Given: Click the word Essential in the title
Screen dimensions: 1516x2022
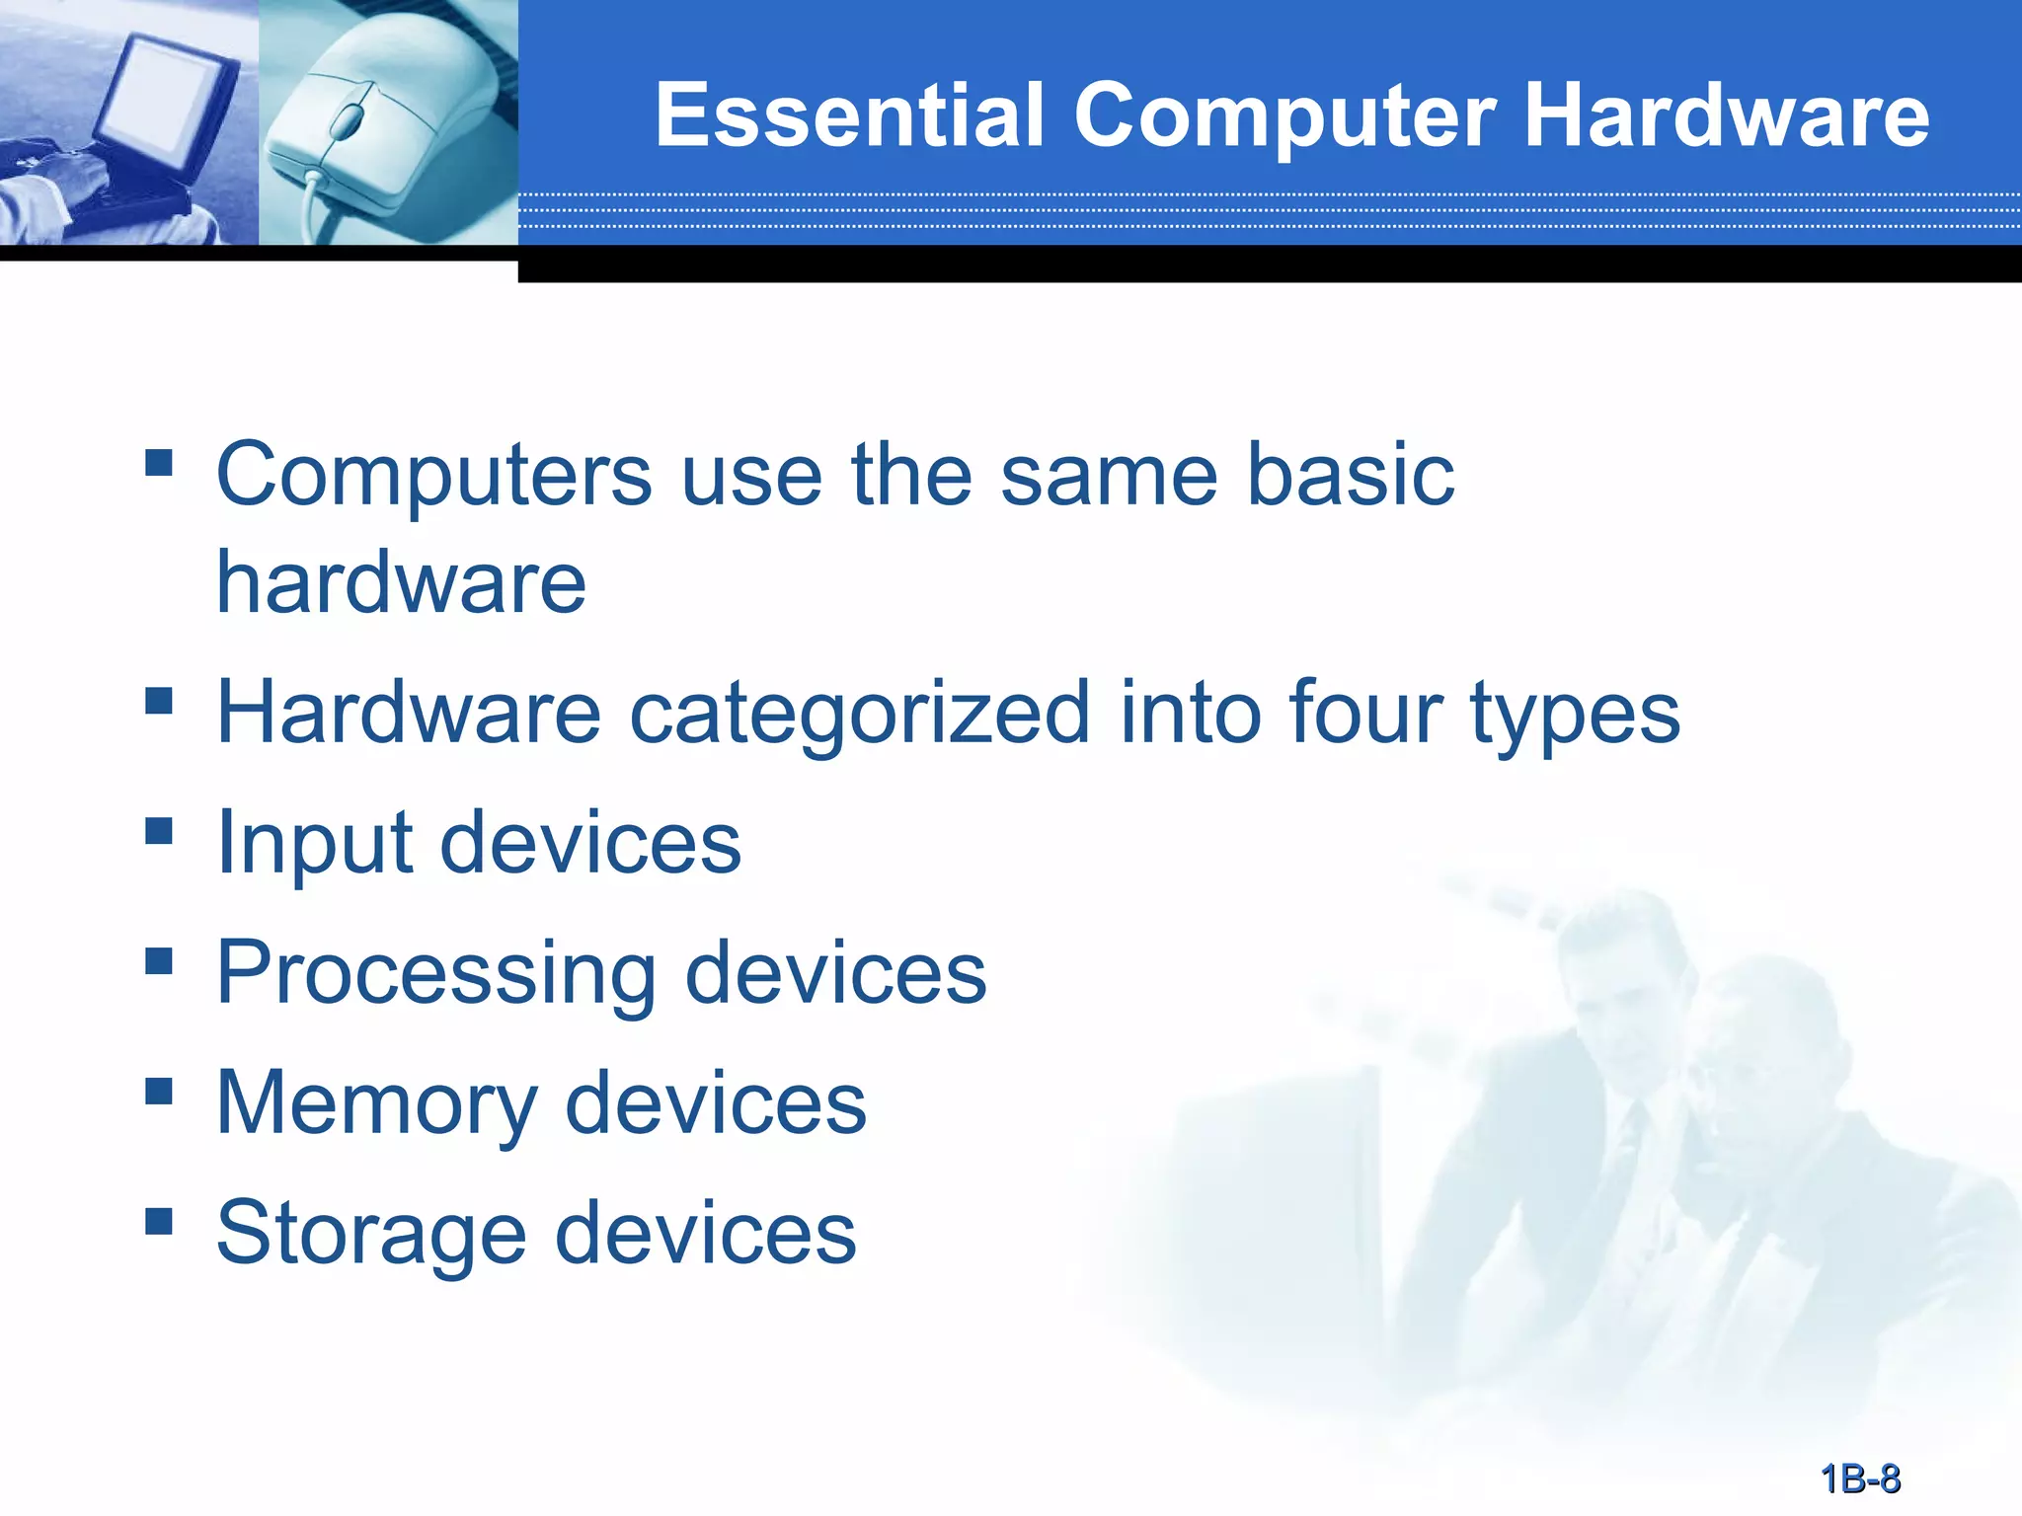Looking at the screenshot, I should pyautogui.click(x=849, y=115).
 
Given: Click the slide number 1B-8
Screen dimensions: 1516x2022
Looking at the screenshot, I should pyautogui.click(x=1860, y=1478).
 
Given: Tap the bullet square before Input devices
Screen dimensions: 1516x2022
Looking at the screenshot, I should pyautogui.click(x=158, y=831).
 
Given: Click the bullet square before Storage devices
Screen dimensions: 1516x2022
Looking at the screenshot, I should pyautogui.click(x=158, y=1222).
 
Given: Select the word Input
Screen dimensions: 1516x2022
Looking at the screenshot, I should pyautogui.click(x=314, y=845).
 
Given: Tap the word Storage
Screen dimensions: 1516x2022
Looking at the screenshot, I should pyautogui.click(x=371, y=1234).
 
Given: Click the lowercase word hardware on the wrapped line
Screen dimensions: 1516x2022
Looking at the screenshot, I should pyautogui.click(x=401, y=583).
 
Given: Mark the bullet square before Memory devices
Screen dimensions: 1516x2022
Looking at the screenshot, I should pyautogui.click(x=158, y=1092).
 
